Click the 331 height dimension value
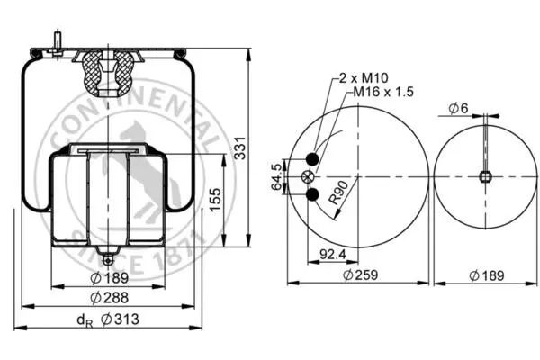click(240, 148)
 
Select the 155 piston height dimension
click(215, 200)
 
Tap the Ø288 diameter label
click(110, 298)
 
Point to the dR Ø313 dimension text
click(108, 319)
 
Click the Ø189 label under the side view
click(110, 278)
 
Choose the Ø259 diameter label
click(361, 274)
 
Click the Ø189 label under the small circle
click(487, 275)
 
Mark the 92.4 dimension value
click(333, 254)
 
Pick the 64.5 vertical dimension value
click(276, 176)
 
